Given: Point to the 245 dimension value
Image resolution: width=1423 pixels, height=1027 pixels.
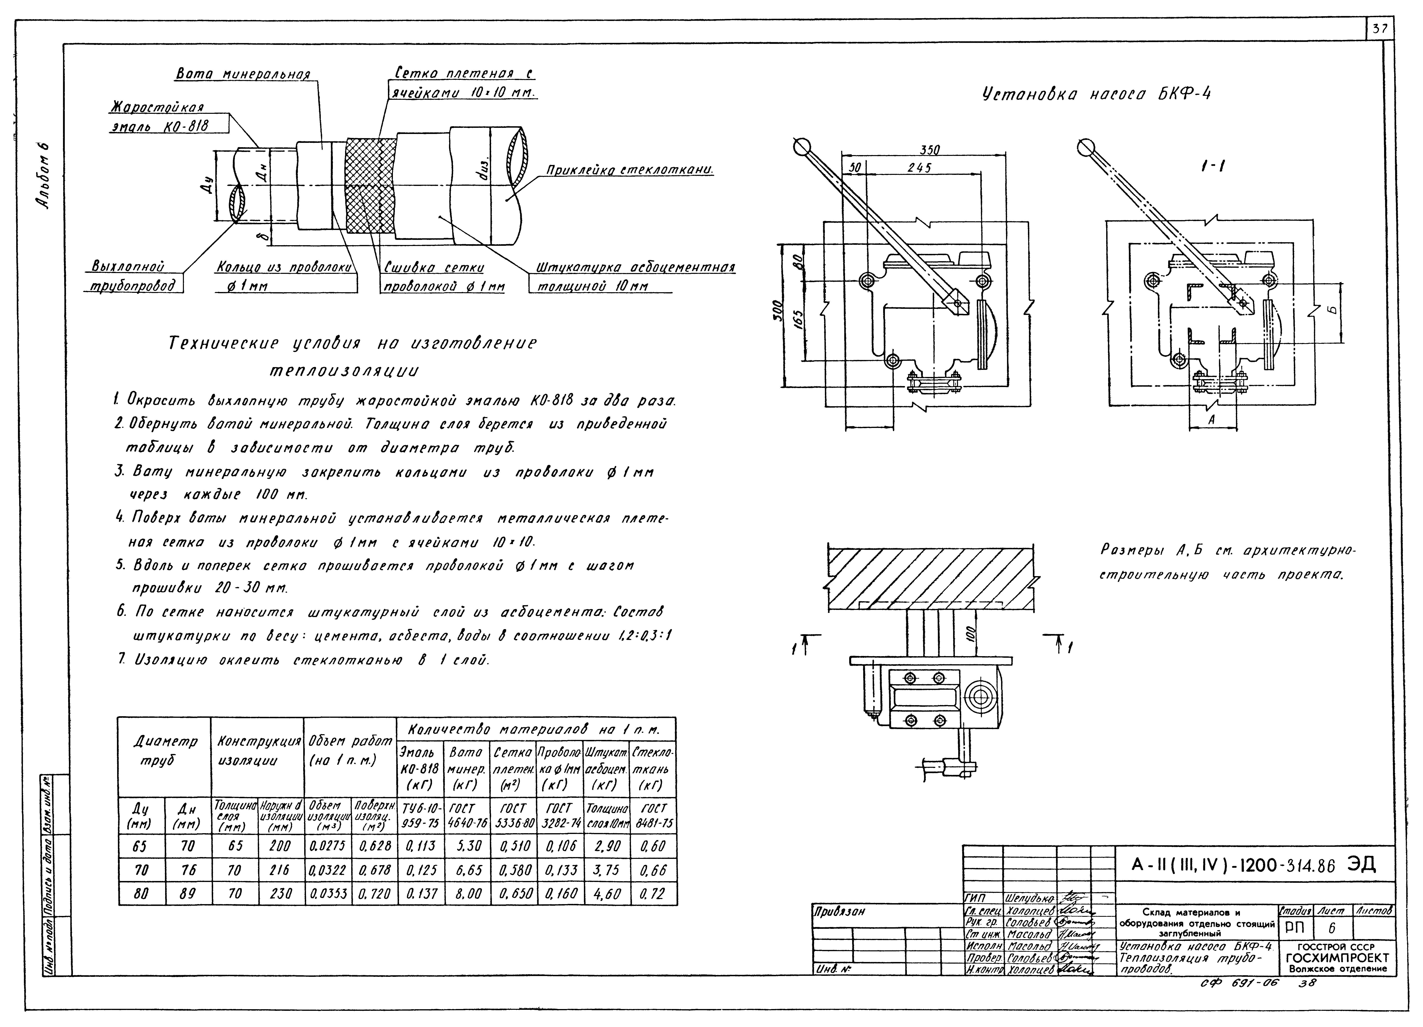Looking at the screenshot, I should coord(920,168).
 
